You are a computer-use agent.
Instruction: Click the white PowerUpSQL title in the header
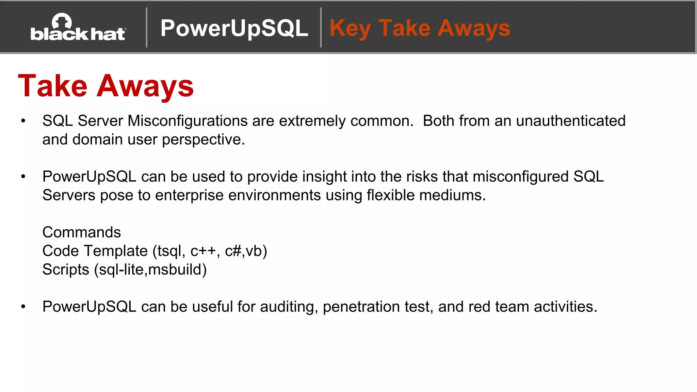[x=234, y=28]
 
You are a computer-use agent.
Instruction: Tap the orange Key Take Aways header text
[x=420, y=28]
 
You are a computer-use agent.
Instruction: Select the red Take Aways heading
[x=106, y=86]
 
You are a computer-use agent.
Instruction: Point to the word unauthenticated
[x=570, y=121]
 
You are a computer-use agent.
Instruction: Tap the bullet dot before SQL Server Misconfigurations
[x=23, y=121]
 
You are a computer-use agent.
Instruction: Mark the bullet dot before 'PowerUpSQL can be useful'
[x=23, y=307]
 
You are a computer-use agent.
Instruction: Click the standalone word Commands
[x=81, y=233]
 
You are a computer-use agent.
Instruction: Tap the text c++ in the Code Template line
[x=203, y=251]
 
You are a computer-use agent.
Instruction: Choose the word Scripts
[x=66, y=270]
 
